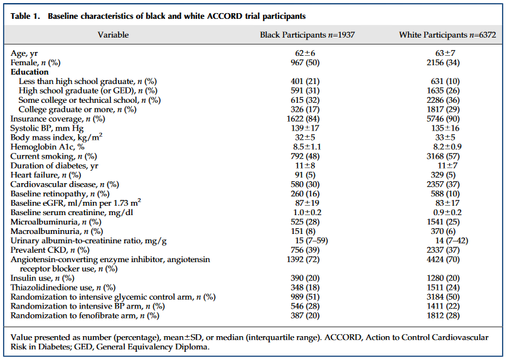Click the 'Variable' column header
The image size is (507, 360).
click(113, 35)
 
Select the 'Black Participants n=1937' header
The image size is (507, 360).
click(307, 35)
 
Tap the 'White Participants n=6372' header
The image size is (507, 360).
click(447, 35)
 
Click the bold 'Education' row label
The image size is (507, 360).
click(29, 71)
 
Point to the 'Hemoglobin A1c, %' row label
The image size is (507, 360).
click(48, 147)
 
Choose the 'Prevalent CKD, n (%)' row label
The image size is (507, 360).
click(50, 250)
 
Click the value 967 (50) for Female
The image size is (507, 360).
click(305, 62)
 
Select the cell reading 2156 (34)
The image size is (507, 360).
click(443, 62)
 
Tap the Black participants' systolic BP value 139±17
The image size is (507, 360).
click(305, 129)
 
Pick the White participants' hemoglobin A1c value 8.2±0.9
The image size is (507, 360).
click(447, 147)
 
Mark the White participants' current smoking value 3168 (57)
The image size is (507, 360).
click(443, 156)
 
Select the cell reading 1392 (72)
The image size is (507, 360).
click(303, 260)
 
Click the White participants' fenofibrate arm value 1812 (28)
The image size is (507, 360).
click(443, 315)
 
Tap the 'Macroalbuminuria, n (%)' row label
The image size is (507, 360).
click(56, 231)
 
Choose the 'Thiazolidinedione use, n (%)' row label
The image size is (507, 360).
click(63, 288)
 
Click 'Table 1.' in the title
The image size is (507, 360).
click(25, 16)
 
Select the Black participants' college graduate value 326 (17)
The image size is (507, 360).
click(305, 110)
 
